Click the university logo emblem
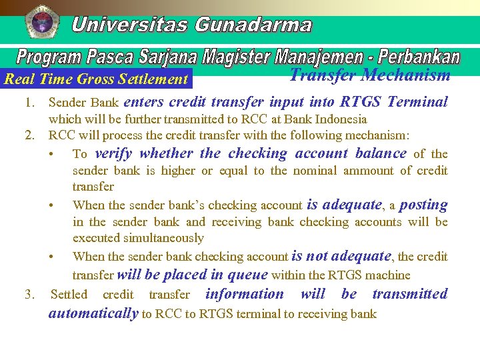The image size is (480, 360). coord(41,21)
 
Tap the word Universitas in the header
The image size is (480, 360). coord(129,25)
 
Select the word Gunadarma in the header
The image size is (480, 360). coord(253,25)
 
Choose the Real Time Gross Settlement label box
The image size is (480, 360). coord(97,79)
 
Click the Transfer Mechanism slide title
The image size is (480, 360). coord(370,75)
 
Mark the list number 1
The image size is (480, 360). coord(29,103)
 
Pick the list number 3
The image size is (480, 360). coord(29,294)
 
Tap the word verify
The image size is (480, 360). coord(113,153)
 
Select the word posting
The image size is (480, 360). coord(423,205)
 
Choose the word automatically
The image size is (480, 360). coord(93,313)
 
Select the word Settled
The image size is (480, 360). coord(69,294)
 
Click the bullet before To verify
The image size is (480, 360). coord(52,154)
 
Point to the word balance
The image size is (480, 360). coord(381,153)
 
